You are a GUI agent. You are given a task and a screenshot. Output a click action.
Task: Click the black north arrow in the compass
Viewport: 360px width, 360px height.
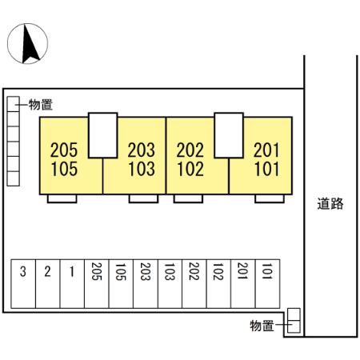pos(30,44)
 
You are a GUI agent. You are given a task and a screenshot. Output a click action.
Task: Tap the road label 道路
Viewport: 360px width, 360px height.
pos(330,204)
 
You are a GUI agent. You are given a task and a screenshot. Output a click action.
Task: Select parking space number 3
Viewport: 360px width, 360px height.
pos(23,284)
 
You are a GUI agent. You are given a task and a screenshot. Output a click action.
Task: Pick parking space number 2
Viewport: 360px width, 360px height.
pos(48,284)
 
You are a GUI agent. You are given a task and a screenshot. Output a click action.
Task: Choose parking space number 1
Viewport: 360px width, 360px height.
pos(72,284)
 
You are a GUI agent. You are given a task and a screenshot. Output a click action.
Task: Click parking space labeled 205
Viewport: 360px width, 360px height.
pos(97,284)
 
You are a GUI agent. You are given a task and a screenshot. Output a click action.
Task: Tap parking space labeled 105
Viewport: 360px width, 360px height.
pos(121,284)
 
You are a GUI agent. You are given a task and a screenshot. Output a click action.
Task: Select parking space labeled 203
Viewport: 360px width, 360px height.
pos(146,284)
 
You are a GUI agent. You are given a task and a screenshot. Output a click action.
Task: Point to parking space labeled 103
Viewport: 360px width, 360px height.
pos(170,284)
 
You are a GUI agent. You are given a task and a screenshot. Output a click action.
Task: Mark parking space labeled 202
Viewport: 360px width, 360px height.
pos(194,284)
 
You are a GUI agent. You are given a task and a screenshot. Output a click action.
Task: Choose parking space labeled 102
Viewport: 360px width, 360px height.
pos(218,284)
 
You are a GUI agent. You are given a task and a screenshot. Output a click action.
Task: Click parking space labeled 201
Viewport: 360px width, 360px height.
pos(243,284)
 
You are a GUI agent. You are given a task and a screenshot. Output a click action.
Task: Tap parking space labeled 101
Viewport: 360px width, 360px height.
pos(267,284)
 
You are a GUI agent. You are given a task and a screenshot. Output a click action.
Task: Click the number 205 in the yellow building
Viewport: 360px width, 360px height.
pos(64,150)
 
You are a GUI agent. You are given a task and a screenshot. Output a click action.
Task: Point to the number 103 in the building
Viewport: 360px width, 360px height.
pos(142,169)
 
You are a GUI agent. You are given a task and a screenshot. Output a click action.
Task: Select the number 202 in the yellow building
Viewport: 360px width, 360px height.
pos(190,150)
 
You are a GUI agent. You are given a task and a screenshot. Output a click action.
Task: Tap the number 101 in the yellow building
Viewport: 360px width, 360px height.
pos(267,169)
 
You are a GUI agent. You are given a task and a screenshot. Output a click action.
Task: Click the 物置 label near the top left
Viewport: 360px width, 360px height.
pos(41,105)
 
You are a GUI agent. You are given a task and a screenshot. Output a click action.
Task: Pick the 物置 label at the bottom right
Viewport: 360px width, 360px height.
pos(262,326)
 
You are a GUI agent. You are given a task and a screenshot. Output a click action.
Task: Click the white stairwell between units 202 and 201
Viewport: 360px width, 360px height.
pos(229,135)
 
